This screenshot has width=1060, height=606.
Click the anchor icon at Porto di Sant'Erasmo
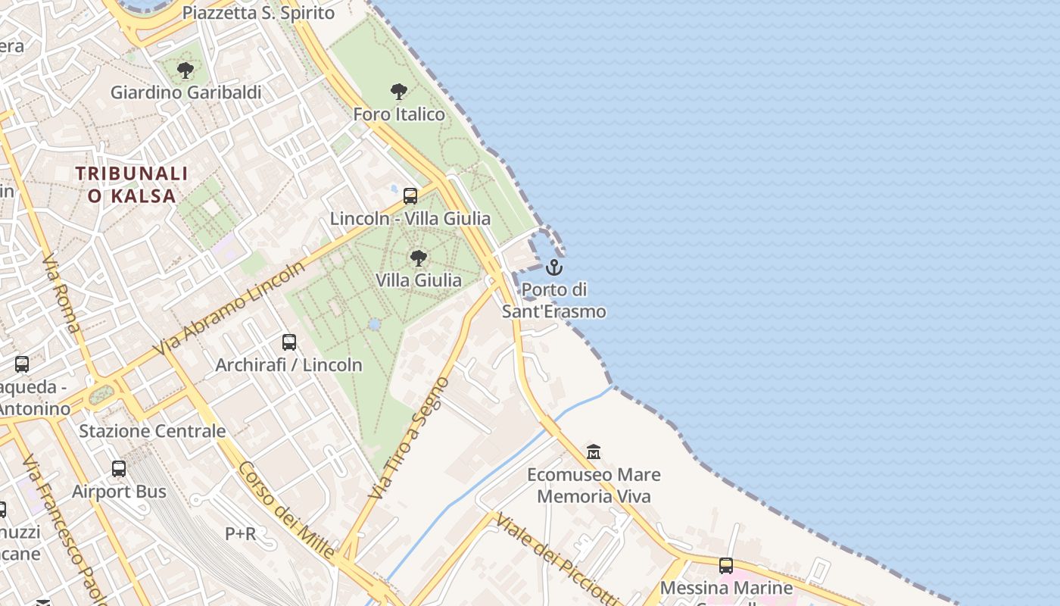coord(554,267)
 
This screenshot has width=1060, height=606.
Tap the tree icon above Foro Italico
coord(399,92)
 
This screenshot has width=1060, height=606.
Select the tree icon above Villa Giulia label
coord(418,258)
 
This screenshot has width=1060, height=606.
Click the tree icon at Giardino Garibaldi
coord(185,71)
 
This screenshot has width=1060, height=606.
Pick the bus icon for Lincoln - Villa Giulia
coord(410,196)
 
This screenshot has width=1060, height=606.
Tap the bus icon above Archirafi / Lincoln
coord(289,342)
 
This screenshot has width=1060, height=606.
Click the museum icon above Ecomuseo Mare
coord(594,452)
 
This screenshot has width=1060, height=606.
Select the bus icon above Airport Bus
coord(119,469)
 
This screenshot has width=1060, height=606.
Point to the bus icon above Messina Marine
coord(726,565)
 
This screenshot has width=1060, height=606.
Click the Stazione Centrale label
coord(152,431)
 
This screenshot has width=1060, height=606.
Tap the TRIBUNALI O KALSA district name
coord(132,185)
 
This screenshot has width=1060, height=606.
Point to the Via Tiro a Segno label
coord(409,437)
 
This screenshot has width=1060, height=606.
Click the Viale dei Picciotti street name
coord(556,559)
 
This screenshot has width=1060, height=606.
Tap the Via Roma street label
coord(61,295)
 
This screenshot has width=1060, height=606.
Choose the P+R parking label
coord(240,534)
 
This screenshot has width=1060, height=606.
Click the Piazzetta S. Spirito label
coord(258,13)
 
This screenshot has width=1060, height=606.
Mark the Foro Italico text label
coord(399,114)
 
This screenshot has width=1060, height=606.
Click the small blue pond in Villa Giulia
coord(374,324)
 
